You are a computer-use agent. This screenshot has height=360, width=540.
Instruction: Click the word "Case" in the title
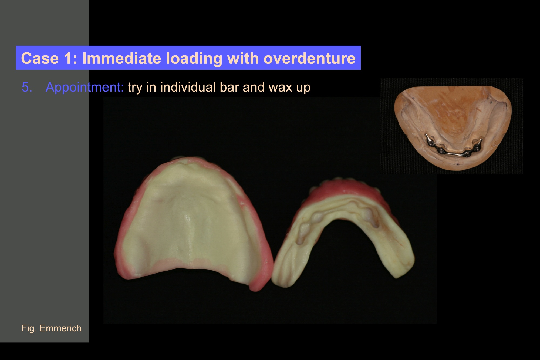[40, 58]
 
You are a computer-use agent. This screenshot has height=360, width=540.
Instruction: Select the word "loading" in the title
[194, 59]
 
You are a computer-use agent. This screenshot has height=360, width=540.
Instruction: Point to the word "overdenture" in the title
[309, 58]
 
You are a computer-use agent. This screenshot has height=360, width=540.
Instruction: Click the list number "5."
[27, 87]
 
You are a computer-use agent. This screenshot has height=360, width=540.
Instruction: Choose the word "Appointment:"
[85, 87]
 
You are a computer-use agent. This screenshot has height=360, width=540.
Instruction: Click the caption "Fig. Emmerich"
[52, 328]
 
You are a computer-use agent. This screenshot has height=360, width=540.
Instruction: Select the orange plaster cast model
[453, 127]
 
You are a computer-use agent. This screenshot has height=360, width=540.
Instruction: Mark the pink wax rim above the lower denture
[348, 189]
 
